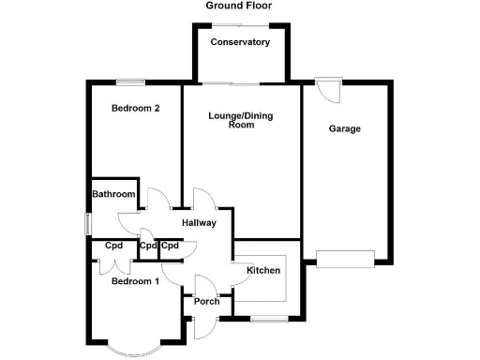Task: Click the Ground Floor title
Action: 239,6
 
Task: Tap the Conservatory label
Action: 240,42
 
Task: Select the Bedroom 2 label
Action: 135,108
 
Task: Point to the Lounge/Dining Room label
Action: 241,119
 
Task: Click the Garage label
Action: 344,128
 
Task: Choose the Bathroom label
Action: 113,194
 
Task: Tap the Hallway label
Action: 199,223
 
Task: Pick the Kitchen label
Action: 262,271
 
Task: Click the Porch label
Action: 206,301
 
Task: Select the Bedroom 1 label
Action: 135,281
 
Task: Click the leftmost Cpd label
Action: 114,246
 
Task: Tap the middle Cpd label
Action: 148,246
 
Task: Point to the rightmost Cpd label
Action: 170,246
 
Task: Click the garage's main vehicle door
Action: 345,260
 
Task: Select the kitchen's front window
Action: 264,320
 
